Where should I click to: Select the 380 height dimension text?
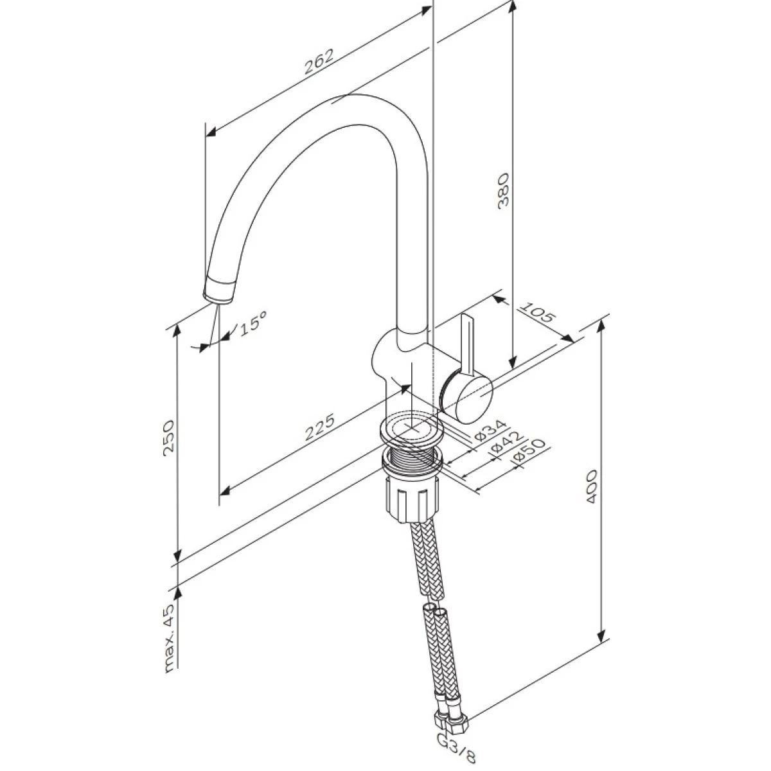(x=503, y=190)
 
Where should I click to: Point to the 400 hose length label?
(x=592, y=486)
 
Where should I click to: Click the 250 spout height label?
(x=169, y=438)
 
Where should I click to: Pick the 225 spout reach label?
(x=319, y=428)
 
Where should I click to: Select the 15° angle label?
(x=253, y=323)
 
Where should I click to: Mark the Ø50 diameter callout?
(x=529, y=452)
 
